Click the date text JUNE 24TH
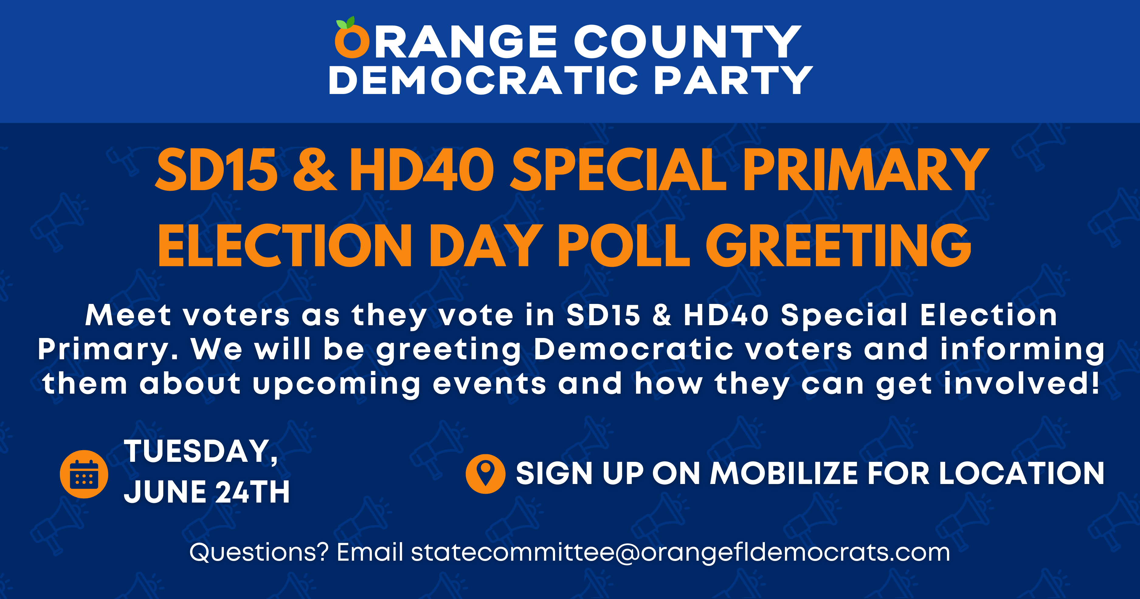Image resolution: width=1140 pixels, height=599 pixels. [x=207, y=492]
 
